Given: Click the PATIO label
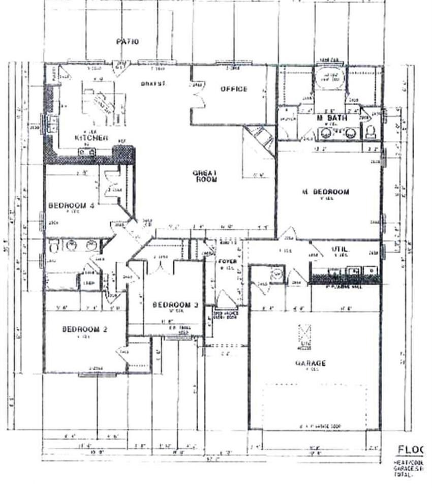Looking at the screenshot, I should [x=127, y=42].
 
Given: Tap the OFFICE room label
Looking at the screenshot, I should [x=234, y=89].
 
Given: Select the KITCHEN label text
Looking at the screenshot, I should [x=91, y=138].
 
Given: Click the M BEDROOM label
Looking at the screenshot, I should [x=325, y=192].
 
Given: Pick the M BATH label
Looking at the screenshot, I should [x=331, y=118].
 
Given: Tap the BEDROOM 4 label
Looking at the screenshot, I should [x=71, y=205].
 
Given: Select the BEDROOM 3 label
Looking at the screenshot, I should [x=175, y=304].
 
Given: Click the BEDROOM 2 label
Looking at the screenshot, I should [x=85, y=329].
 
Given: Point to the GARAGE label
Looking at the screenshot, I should [x=310, y=363].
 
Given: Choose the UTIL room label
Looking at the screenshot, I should [x=339, y=249].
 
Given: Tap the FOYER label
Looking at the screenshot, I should [x=225, y=262].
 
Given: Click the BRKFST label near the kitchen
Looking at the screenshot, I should [x=154, y=83].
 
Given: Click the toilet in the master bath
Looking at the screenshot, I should [x=371, y=132].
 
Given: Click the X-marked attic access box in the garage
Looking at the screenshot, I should [x=305, y=335].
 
